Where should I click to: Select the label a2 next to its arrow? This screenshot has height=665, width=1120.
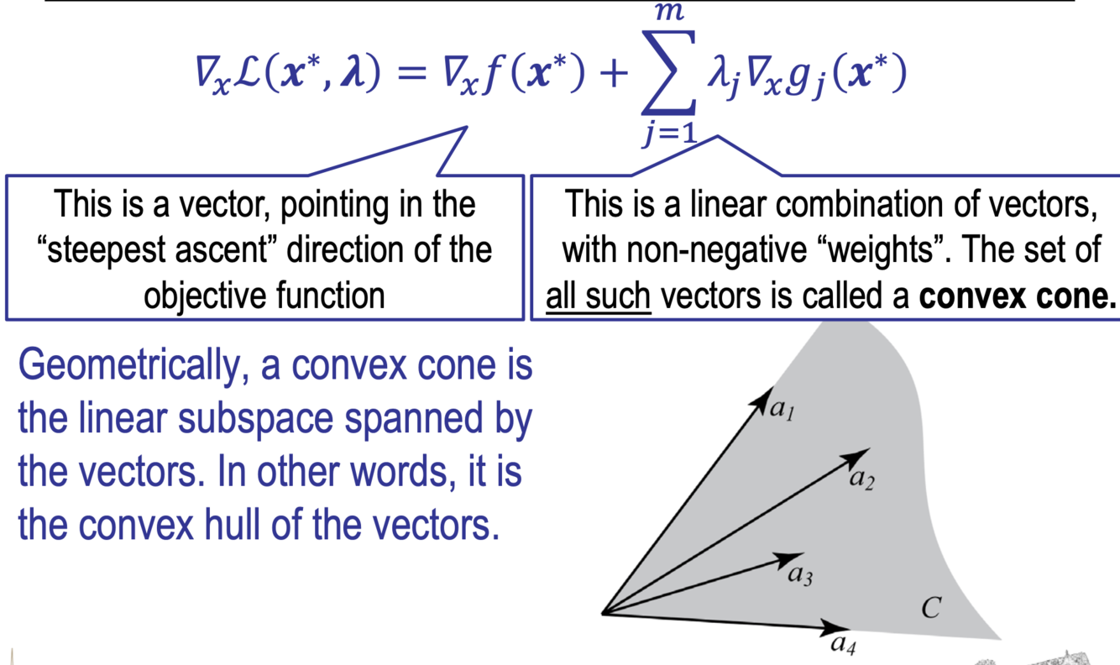click(x=861, y=479)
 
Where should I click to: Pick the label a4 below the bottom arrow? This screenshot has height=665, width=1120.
click(x=843, y=644)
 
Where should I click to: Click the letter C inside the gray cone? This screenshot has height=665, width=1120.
click(x=930, y=607)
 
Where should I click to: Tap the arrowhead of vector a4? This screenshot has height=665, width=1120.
click(x=840, y=627)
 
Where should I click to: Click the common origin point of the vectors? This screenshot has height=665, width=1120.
click(x=604, y=613)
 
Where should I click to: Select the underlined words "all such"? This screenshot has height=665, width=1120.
click(x=599, y=296)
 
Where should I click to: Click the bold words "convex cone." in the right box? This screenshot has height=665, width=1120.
click(x=1018, y=296)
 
